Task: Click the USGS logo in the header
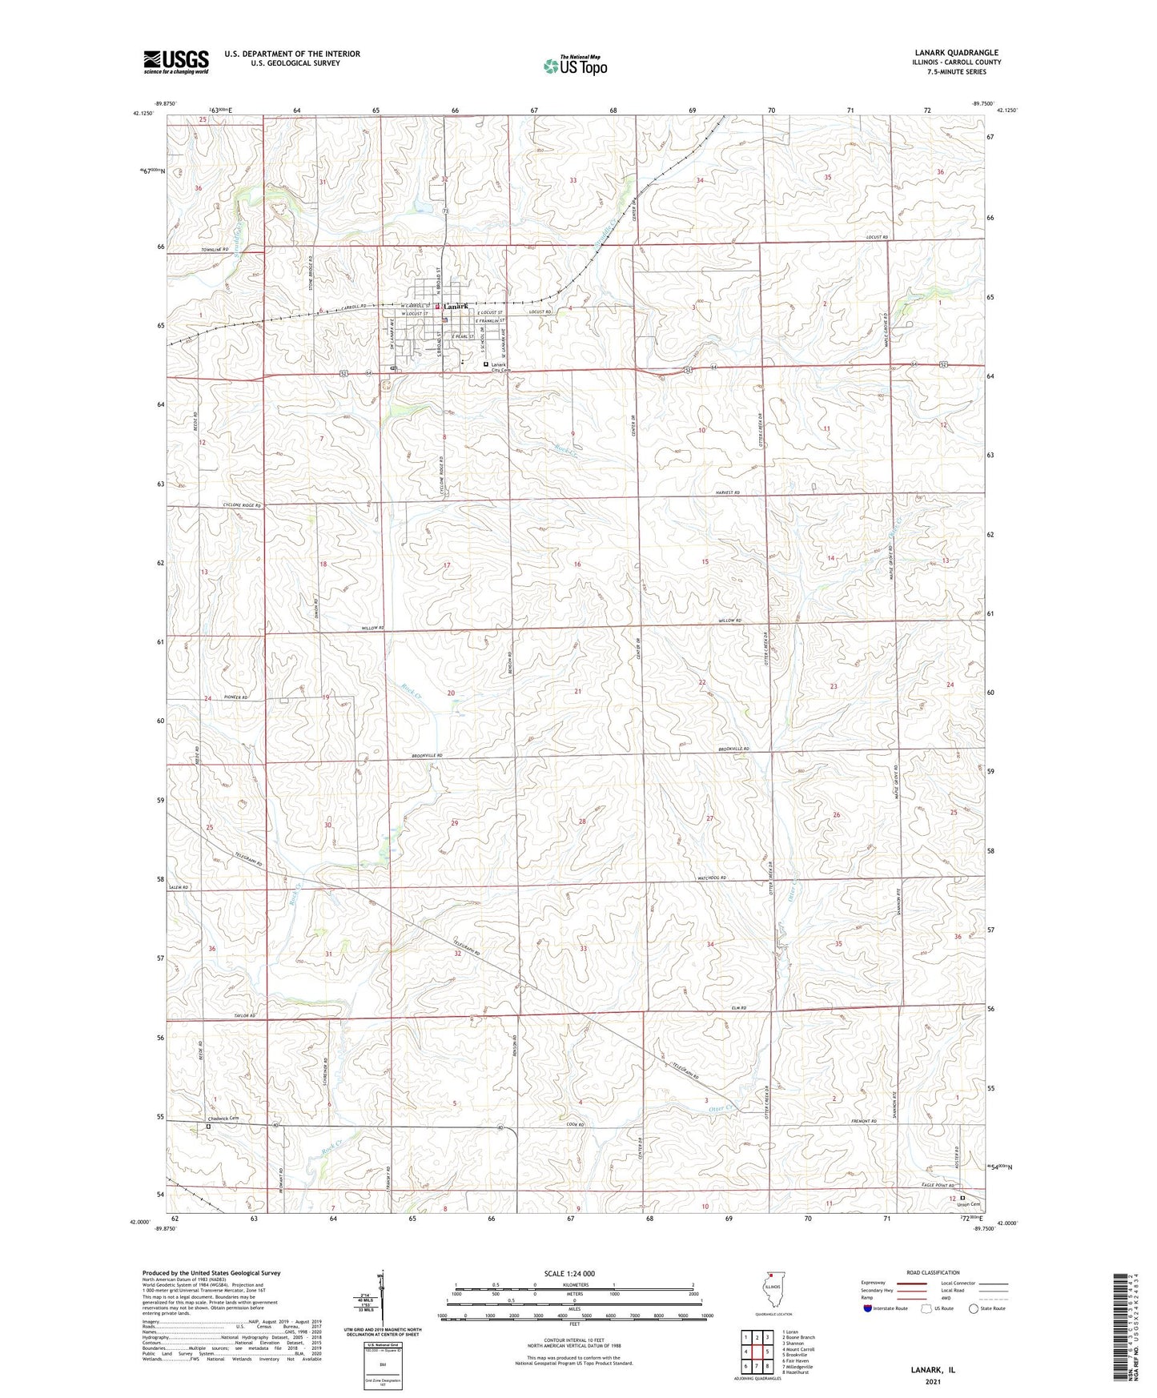click(176, 62)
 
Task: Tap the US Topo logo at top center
click(574, 66)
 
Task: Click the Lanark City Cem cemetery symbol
click(485, 364)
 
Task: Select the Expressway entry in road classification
click(874, 1282)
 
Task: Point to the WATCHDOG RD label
click(711, 878)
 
